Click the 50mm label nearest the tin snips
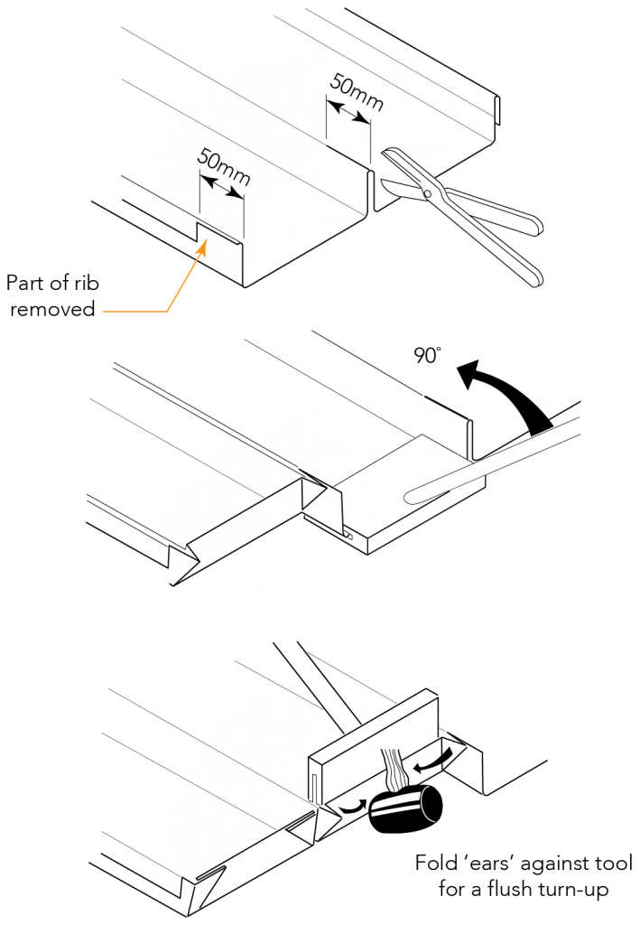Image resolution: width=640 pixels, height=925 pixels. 355,90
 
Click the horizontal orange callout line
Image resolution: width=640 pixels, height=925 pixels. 135,311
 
